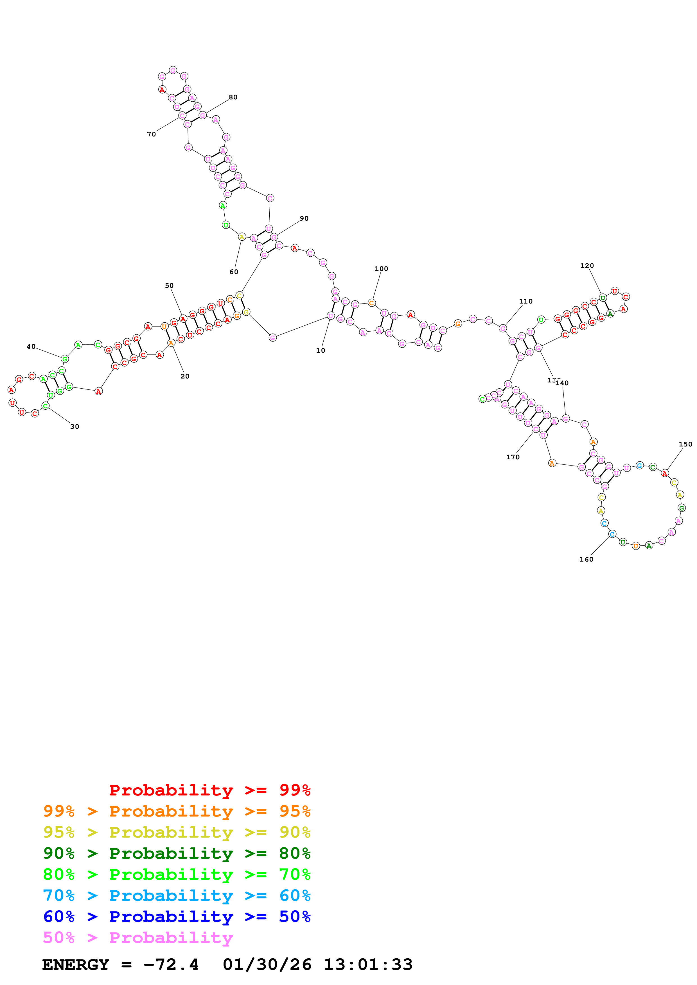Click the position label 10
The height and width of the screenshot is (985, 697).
tap(320, 350)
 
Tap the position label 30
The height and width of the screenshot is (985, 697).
tap(75, 427)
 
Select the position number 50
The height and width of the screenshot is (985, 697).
tap(169, 286)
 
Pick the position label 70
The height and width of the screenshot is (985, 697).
tap(152, 134)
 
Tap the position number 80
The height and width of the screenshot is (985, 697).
tap(233, 97)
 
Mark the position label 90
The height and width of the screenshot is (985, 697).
tap(304, 218)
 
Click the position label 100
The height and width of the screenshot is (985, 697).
tap(381, 269)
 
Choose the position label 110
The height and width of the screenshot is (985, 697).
tap(526, 301)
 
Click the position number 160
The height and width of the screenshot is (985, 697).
tap(586, 559)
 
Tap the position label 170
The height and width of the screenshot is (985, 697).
tap(513, 457)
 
